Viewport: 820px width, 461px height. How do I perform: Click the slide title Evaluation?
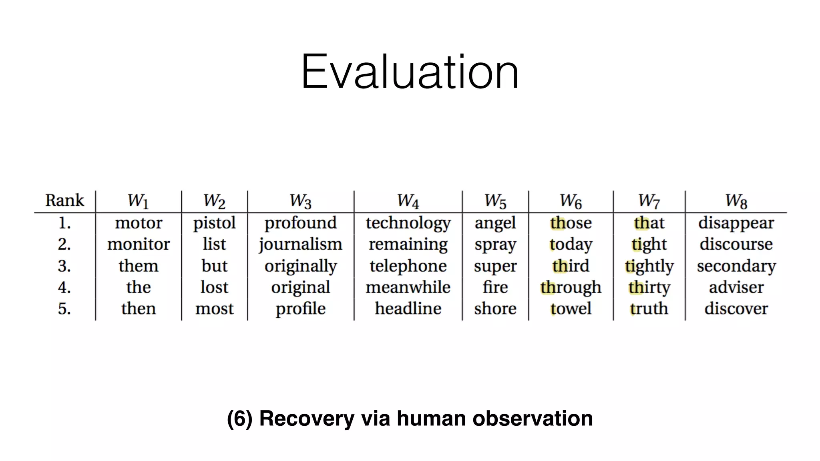click(410, 72)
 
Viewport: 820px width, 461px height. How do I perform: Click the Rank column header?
click(64, 200)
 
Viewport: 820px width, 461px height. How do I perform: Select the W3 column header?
click(300, 201)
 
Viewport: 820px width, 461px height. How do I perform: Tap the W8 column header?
click(736, 201)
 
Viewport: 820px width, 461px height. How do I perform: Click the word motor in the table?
click(139, 223)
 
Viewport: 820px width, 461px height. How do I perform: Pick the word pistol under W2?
click(214, 223)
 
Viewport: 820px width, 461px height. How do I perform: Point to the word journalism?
click(300, 245)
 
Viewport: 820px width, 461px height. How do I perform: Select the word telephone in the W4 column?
click(408, 266)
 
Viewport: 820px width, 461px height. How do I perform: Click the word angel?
click(495, 223)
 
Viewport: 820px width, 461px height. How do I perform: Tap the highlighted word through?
click(571, 288)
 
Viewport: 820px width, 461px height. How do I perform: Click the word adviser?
click(736, 287)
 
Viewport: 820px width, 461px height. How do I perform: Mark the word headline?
click(408, 309)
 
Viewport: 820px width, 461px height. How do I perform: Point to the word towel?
click(571, 309)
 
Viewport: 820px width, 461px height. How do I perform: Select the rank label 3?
click(64, 266)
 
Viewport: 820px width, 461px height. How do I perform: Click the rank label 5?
click(64, 309)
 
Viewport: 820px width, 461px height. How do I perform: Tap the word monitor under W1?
click(139, 245)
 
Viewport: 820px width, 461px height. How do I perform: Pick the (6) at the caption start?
click(239, 419)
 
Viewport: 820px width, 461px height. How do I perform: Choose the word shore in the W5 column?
click(495, 309)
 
